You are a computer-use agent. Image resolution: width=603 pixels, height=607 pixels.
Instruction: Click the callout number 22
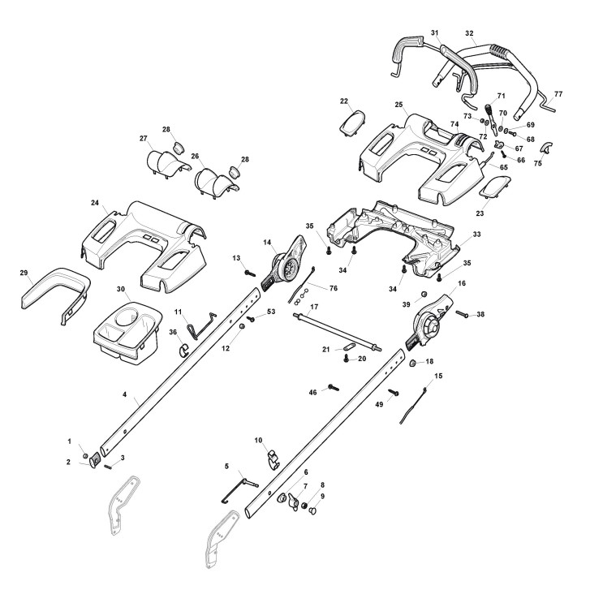tap(344, 101)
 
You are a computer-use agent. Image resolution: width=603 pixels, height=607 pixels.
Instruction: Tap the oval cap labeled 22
tap(351, 123)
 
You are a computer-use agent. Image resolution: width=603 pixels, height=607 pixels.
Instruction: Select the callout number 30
tap(121, 290)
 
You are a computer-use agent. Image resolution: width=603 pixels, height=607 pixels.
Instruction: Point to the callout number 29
tap(24, 273)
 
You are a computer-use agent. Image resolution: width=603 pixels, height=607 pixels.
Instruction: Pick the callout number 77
tap(558, 95)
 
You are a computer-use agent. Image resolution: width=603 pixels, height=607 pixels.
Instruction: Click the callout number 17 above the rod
tap(314, 306)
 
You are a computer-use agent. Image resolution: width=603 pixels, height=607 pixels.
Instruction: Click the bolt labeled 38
tap(461, 313)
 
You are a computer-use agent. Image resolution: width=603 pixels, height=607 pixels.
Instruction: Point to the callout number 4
tap(124, 395)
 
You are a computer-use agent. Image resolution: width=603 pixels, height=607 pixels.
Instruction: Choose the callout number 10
tap(259, 441)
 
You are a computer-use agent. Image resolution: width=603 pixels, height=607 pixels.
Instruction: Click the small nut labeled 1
tap(84, 456)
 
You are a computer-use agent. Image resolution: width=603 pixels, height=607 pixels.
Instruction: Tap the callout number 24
tap(95, 202)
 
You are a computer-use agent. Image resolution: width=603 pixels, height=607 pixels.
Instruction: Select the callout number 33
tap(477, 235)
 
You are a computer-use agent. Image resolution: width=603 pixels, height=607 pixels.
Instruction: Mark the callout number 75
tap(537, 163)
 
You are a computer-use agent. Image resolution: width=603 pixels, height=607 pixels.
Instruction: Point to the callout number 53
tap(271, 311)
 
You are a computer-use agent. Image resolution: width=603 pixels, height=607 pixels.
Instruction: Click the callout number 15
tap(439, 376)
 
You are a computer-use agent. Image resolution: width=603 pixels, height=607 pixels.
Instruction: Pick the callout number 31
tap(435, 32)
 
